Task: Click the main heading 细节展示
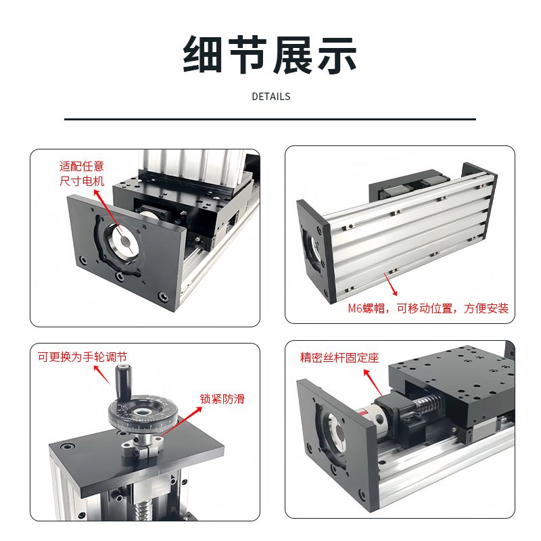coord(270,55)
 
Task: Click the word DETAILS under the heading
coord(271,97)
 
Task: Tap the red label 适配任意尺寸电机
coord(82,174)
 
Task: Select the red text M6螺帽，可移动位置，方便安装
coord(428,308)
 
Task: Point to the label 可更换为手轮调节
coord(83,357)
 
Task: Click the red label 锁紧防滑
coord(222,399)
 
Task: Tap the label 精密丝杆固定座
coord(339,358)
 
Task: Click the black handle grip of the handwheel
coord(121,381)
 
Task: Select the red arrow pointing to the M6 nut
coord(391,284)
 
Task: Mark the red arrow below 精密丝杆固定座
coord(373,383)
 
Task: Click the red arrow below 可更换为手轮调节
coord(102,375)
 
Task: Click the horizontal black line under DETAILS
coord(270,120)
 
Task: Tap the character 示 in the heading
coord(337,55)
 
